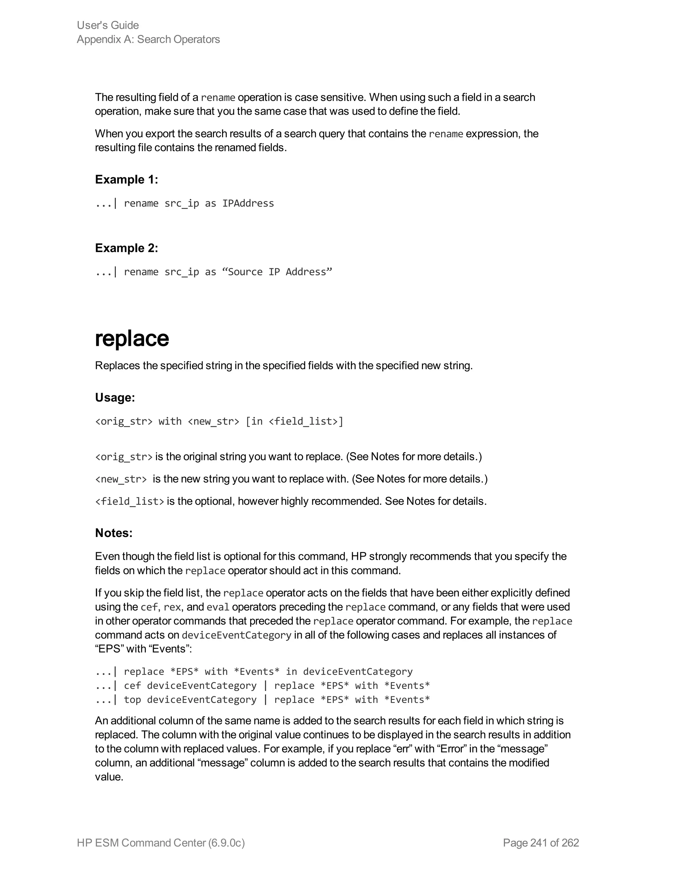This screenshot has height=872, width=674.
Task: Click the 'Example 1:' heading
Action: pos(126,180)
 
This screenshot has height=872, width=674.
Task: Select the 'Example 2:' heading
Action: pos(126,248)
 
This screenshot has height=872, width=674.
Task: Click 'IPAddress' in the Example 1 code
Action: pos(248,203)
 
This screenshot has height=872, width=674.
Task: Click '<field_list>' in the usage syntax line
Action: pos(303,421)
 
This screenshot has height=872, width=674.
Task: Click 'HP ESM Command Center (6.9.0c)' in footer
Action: pos(161,842)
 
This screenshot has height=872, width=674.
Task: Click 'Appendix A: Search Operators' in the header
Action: pos(148,39)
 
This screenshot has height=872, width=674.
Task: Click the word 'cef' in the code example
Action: pos(132,685)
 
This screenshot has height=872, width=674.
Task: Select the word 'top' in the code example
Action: pos(132,700)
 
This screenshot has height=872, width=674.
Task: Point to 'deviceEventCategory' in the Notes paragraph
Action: pos(236,635)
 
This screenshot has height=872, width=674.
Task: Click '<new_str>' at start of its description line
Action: pos(121,479)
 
